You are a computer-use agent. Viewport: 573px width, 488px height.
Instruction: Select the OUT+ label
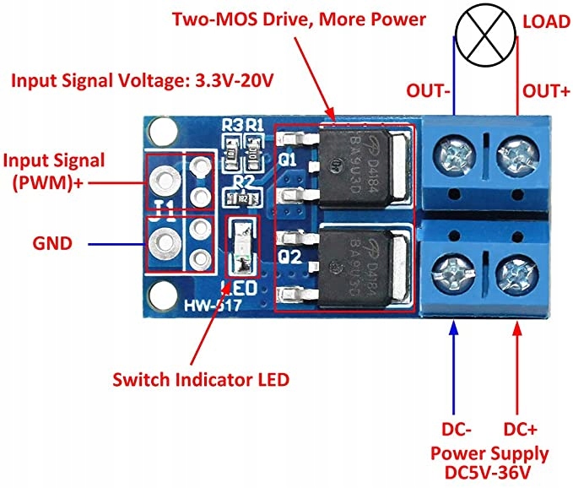[x=547, y=89]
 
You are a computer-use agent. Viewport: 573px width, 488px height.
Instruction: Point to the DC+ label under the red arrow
[x=524, y=429]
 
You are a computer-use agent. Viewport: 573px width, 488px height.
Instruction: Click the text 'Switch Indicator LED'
[x=201, y=379]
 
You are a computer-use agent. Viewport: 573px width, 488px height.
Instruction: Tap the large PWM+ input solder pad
[x=163, y=178]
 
